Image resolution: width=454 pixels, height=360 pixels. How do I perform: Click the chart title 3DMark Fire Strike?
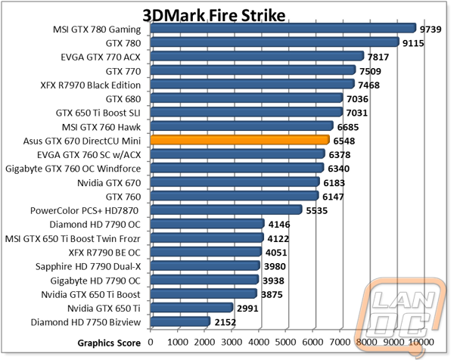214,15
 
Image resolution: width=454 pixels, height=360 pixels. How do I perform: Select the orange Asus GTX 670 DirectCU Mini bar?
240,140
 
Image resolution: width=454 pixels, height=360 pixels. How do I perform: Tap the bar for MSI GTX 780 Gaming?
283,28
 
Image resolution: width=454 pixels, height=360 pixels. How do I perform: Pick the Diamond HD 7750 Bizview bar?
180,321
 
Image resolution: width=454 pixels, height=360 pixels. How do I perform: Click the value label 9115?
413,43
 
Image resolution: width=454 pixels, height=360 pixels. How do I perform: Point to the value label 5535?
317,211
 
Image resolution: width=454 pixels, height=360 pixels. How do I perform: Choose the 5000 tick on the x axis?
285,342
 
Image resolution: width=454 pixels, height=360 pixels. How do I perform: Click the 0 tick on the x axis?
151,342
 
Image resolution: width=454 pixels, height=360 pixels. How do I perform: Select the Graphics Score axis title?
109,343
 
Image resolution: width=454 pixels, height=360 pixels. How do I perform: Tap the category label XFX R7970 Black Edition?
91,85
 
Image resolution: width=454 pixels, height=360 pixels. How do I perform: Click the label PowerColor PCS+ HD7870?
84,210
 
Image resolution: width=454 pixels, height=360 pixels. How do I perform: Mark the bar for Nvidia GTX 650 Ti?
191,307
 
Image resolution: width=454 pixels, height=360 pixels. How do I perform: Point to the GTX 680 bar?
247,98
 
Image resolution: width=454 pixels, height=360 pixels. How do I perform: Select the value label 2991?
247,309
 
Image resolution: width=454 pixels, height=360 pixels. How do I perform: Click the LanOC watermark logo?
403,315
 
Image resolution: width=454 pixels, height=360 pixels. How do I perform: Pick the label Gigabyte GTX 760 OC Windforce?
73,169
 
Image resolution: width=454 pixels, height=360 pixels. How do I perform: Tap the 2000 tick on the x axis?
204,342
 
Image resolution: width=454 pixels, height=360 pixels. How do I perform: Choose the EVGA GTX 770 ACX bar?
257,56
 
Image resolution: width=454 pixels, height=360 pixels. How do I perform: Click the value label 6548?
344,141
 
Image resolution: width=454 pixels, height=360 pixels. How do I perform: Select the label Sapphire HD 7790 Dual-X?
88,266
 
